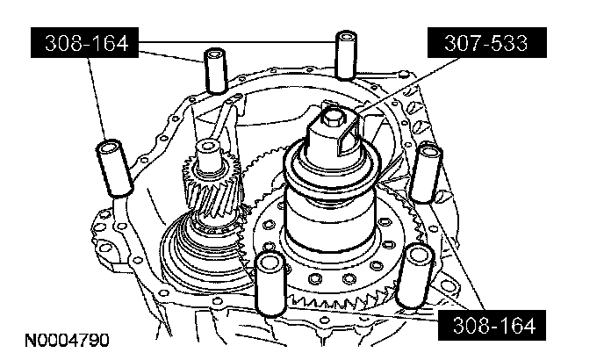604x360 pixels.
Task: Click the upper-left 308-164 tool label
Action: click(x=85, y=42)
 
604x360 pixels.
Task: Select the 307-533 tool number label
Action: click(x=487, y=42)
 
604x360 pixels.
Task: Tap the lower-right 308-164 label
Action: click(x=493, y=325)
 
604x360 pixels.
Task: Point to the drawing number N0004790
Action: click(x=67, y=341)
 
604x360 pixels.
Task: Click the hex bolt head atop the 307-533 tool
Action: click(x=332, y=117)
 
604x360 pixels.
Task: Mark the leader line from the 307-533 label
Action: click(x=408, y=85)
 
